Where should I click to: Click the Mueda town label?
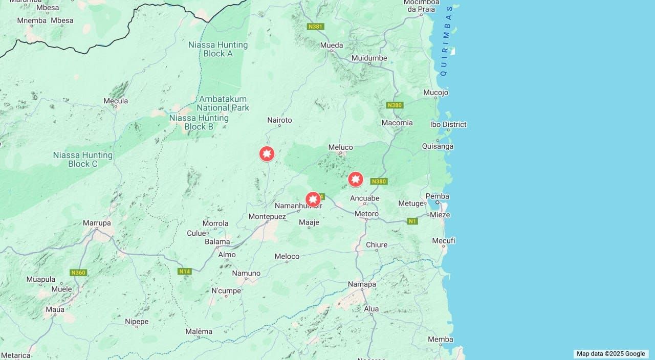tap(332, 46)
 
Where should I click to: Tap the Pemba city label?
tap(438, 196)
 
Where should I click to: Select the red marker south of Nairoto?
tap(267, 153)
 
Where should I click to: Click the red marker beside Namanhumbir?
tap(313, 199)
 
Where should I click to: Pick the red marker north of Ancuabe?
tap(356, 179)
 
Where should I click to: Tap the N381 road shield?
tap(315, 26)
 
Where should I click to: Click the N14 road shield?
tap(185, 271)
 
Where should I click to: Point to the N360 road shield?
tap(78, 273)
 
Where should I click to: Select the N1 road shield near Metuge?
tap(412, 221)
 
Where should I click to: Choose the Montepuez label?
tap(267, 216)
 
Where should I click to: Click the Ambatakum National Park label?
tap(223, 103)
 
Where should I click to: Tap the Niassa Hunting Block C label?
tap(82, 159)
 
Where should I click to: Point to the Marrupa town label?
tap(97, 223)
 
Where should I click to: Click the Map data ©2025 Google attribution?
tap(610, 353)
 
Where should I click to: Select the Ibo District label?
tap(448, 124)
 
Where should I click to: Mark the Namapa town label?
tap(362, 284)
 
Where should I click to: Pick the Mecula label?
tap(116, 101)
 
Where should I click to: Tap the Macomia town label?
tap(397, 123)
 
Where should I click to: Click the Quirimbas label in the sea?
tap(446, 41)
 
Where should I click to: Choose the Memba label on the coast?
tap(441, 339)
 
